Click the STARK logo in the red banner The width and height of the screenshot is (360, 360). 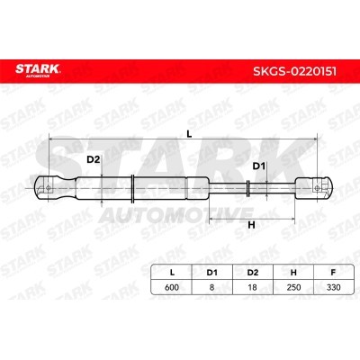(x=38, y=70)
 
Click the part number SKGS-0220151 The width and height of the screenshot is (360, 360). (x=294, y=71)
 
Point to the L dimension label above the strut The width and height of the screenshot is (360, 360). (x=189, y=134)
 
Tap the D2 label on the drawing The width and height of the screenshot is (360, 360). (x=93, y=159)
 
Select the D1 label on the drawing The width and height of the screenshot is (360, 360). (x=259, y=166)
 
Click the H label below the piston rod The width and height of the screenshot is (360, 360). (x=251, y=225)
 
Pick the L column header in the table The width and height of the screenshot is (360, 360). (x=172, y=273)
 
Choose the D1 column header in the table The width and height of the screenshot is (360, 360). (x=211, y=273)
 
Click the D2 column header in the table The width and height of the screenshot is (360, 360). (x=253, y=273)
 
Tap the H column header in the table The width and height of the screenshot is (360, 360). (x=293, y=273)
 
